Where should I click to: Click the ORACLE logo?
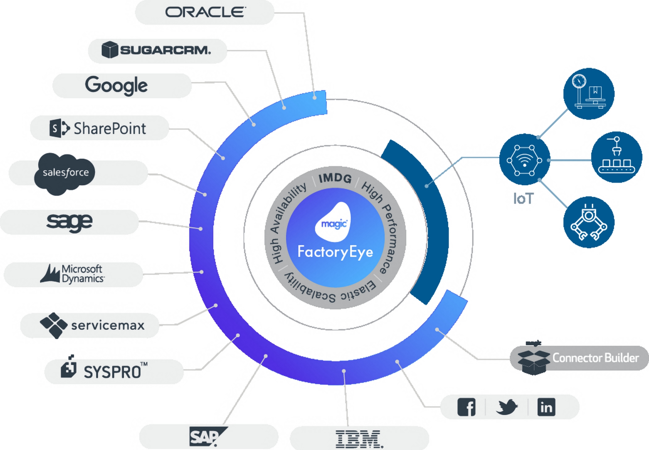205,12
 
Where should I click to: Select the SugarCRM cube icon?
110,50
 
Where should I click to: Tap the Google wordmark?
116,85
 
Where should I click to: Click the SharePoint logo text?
110,128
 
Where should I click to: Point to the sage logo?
69,223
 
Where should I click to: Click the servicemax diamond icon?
53,325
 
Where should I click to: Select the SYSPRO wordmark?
112,372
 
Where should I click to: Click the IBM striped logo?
359,439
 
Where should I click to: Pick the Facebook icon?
466,407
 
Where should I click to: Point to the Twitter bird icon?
507,407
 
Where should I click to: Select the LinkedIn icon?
546,407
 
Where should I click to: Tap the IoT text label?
523,199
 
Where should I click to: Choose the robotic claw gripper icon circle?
589,223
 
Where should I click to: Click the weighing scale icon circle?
589,94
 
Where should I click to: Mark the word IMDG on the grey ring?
335,178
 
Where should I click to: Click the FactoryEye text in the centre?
335,252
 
